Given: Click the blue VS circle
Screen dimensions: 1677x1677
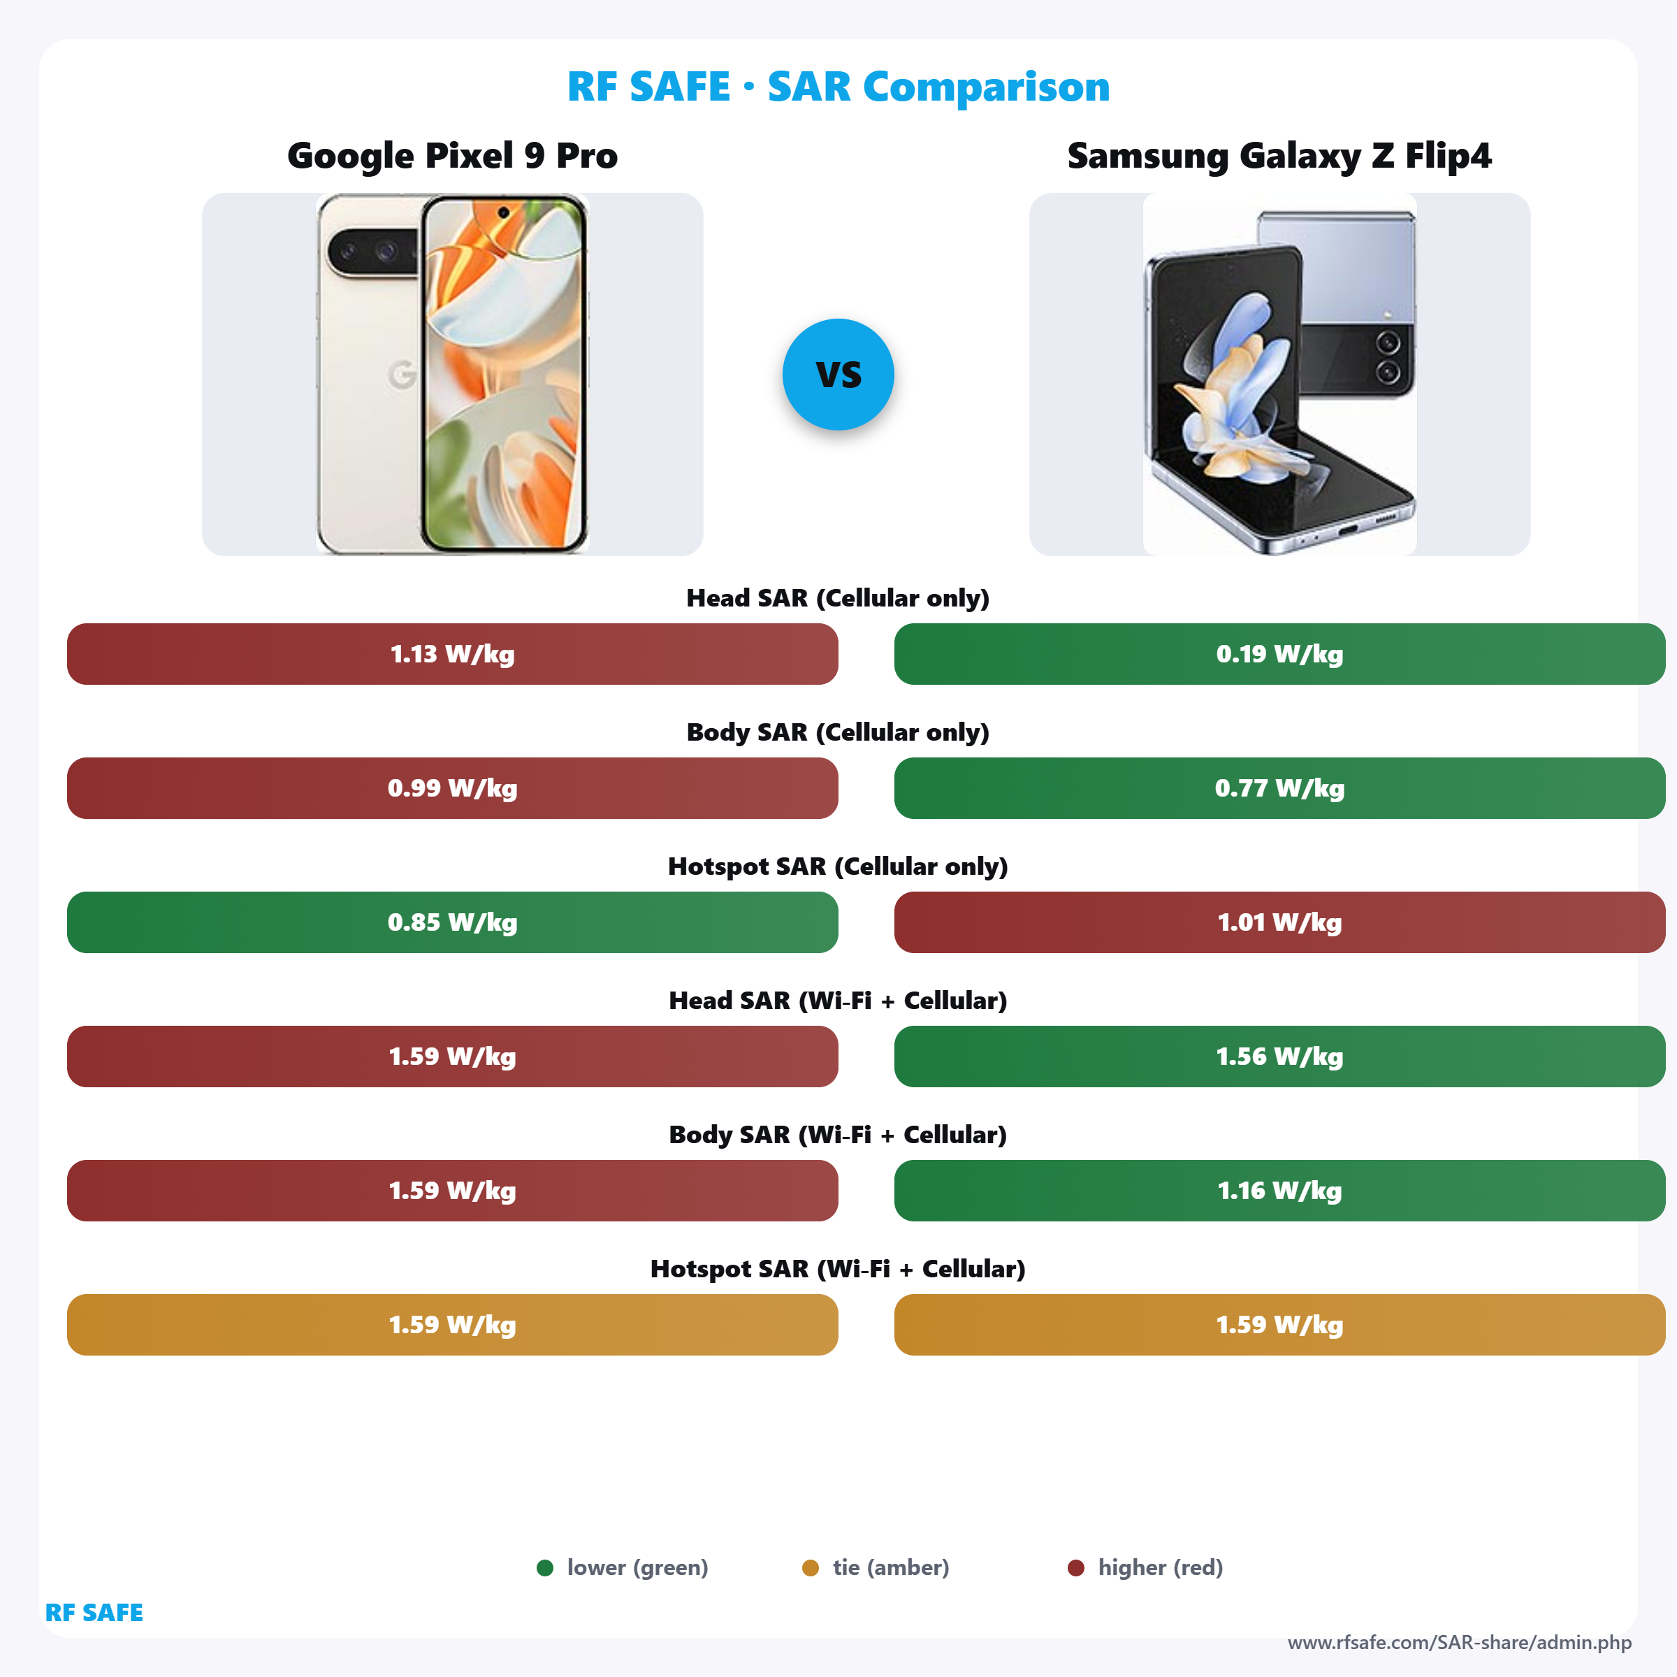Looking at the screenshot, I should [x=838, y=374].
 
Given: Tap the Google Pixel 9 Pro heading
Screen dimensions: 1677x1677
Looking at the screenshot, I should [x=452, y=157].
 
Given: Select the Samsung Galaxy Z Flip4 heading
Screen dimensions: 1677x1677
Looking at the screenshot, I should [x=1279, y=157].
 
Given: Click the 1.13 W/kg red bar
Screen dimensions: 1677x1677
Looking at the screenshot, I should [x=452, y=653].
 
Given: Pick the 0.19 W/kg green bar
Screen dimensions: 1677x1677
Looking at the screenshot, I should [x=1279, y=653].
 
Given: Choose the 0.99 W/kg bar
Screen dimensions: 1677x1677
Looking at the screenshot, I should [x=452, y=788].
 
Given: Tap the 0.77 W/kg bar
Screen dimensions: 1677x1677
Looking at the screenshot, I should [x=1279, y=788].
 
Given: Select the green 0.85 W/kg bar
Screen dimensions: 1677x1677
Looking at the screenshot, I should [x=452, y=922].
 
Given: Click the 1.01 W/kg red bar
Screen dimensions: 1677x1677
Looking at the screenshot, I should [x=1279, y=922].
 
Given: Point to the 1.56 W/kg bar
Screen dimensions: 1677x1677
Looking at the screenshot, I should [x=1279, y=1057].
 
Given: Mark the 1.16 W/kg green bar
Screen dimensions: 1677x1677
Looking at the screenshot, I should [x=1279, y=1191].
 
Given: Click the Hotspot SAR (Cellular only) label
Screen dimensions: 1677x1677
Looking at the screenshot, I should [x=838, y=866].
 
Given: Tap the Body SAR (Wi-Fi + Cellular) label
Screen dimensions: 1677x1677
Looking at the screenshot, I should [x=838, y=1135].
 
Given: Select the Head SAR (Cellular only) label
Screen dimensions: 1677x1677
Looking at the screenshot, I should [x=838, y=598].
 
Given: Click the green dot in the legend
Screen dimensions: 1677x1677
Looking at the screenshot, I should [x=545, y=1567].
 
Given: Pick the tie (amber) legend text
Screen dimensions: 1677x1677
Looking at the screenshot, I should [x=891, y=1567].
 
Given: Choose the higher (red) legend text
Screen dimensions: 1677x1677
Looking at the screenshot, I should [x=1160, y=1567].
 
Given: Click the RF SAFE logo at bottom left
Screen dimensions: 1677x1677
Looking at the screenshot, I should [x=94, y=1613].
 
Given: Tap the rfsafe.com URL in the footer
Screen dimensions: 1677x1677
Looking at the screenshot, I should [x=1459, y=1642].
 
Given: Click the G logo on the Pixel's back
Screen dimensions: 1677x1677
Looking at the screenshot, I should [x=402, y=374].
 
